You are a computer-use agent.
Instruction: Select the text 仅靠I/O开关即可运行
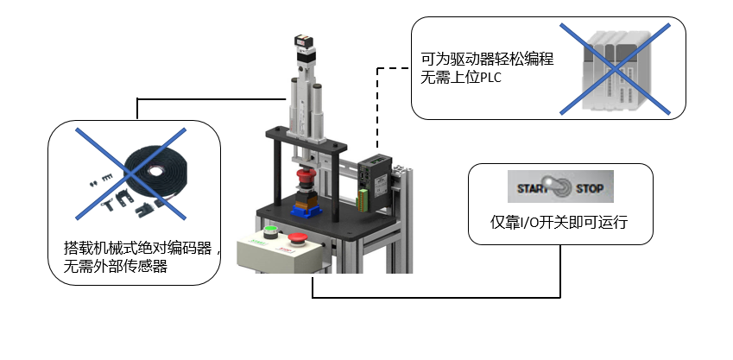click(559, 222)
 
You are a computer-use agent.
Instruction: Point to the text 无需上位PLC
click(461, 79)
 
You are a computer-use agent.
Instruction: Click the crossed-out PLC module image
click(615, 69)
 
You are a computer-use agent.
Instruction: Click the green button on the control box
click(270, 231)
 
